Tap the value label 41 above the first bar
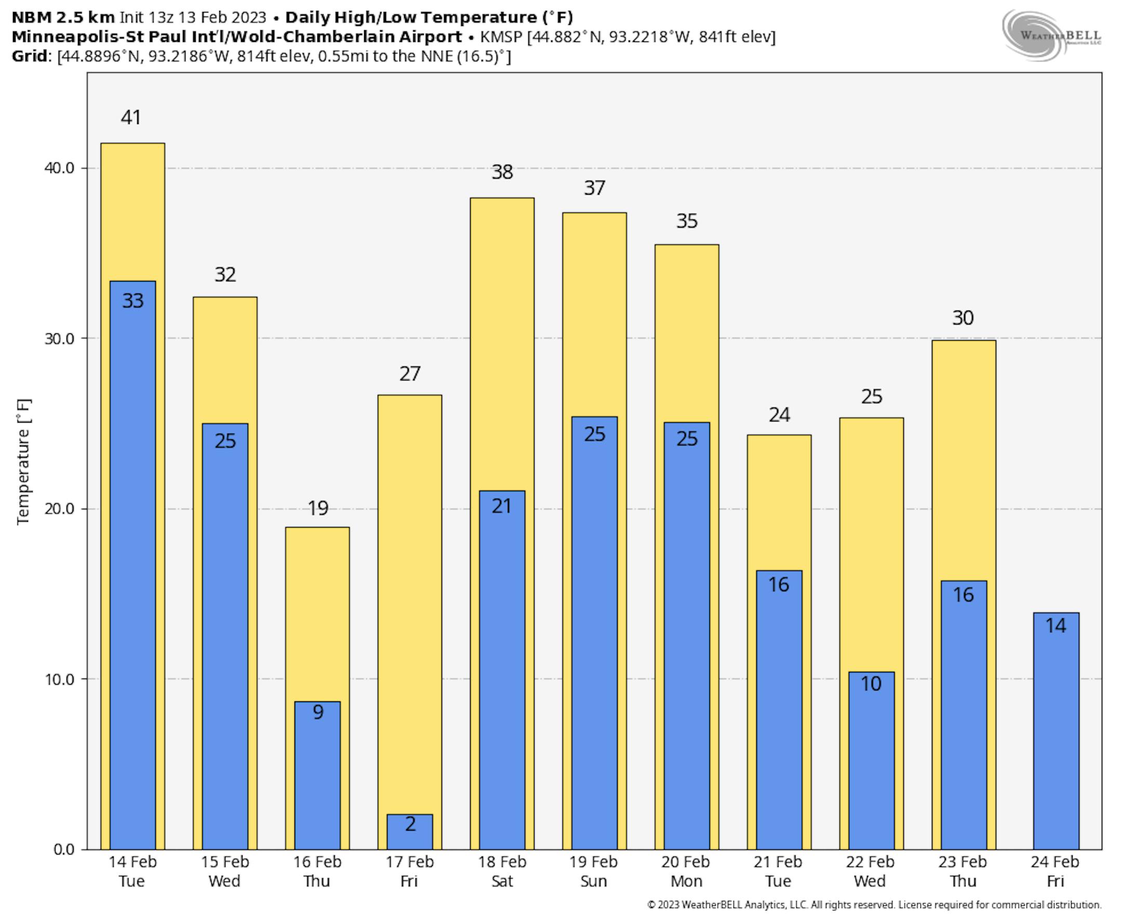point(131,117)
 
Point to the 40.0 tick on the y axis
point(59,168)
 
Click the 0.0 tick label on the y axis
point(64,849)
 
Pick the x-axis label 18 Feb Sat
point(502,872)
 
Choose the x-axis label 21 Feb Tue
point(778,872)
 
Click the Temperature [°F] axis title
point(23,461)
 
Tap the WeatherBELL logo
point(1051,35)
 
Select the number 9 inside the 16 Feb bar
point(318,711)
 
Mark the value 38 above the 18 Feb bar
point(502,172)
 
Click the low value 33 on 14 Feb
point(132,301)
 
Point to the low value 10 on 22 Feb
point(871,683)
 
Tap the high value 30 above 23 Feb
point(963,318)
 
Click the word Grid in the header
point(29,56)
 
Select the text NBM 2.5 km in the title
point(63,17)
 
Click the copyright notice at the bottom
point(874,905)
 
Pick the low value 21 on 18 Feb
point(502,506)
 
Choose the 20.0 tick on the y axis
point(59,509)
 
